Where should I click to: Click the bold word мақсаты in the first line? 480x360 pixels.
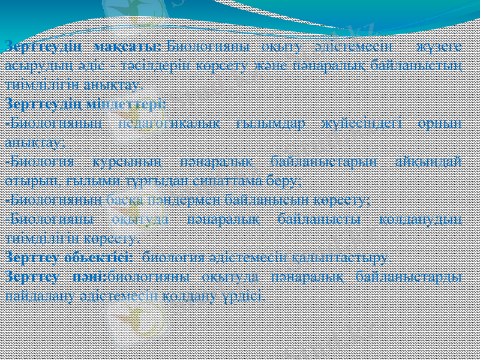[x=128, y=46]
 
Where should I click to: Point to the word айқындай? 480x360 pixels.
[x=430, y=161]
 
